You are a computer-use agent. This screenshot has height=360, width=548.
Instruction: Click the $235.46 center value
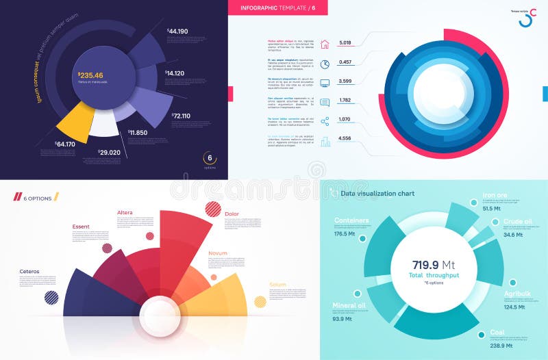(91, 75)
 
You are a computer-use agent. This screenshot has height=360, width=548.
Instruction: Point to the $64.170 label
(66, 144)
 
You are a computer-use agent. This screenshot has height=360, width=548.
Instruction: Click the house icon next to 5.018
(325, 44)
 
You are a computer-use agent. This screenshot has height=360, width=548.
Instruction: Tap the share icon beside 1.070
(325, 121)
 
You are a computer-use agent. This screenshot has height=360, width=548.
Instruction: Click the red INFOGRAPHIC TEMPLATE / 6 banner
(277, 8)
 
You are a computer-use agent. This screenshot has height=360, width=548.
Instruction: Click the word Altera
(125, 213)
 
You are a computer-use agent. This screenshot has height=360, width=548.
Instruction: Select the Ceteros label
(29, 272)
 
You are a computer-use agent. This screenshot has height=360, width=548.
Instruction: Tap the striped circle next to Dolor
(213, 209)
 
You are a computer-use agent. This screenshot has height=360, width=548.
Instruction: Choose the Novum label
(219, 253)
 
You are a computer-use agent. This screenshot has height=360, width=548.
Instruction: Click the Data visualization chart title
(377, 194)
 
